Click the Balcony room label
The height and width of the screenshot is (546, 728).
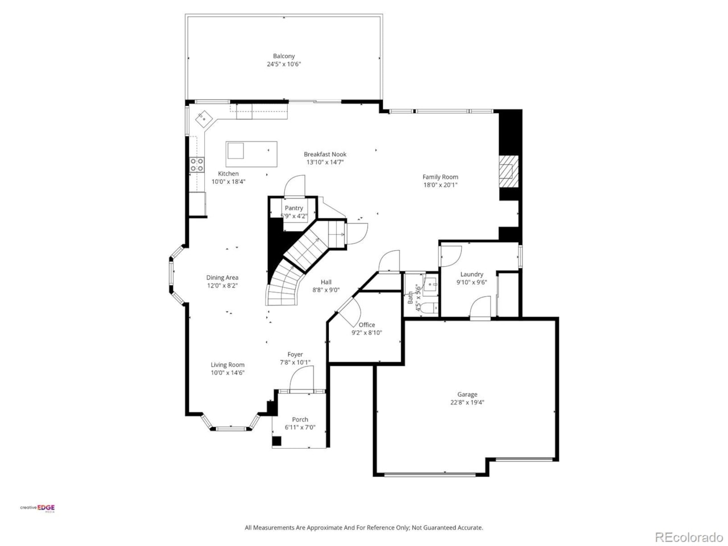coord(284,56)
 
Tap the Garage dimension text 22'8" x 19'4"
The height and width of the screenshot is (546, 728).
coord(467,402)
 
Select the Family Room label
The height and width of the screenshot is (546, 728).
coord(440,177)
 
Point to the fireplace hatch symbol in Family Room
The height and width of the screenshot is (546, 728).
coord(506,171)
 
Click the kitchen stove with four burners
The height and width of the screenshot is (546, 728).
coord(197,165)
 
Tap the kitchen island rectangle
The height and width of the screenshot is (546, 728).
coord(251,154)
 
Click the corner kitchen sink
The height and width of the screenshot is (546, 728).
coord(203,119)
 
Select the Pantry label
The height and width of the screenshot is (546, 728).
coord(294,208)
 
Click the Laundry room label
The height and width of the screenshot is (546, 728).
coord(471,274)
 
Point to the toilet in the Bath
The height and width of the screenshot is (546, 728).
coord(431,308)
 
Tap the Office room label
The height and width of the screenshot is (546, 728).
coord(367,325)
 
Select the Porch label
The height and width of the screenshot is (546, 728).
coord(300,420)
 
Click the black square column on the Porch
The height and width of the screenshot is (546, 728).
coord(276,441)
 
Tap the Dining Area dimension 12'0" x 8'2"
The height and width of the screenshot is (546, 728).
coord(222,286)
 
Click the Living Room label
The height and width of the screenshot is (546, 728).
coord(227,365)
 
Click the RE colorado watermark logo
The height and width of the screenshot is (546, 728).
coord(689,537)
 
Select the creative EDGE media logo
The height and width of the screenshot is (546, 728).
coord(38,508)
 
